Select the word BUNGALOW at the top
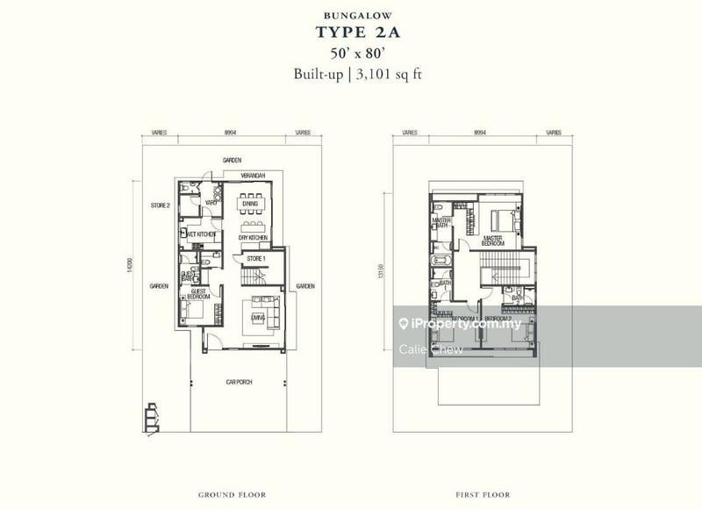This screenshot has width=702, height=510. tap(350, 14)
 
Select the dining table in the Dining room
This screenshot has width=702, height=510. tap(250, 204)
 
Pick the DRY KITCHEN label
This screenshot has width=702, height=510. tap(252, 237)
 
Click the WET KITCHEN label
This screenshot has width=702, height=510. tap(201, 235)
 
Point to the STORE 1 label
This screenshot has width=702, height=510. tap(255, 259)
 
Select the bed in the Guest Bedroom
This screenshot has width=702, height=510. tap(195, 309)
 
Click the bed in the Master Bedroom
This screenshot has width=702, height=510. tap(502, 219)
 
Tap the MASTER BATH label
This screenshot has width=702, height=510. tap(454, 224)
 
